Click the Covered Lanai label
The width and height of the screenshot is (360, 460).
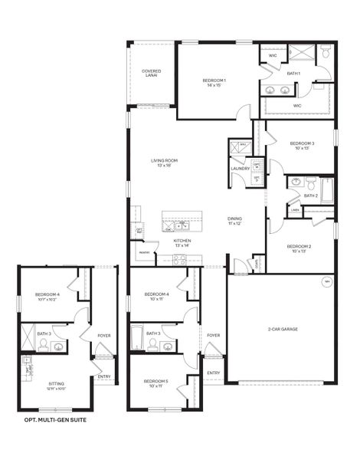pos(152,74)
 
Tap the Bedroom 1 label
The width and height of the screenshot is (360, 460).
pos(214,80)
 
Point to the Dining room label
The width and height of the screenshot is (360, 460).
pos(234,219)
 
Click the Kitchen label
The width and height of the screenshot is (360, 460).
pos(182,241)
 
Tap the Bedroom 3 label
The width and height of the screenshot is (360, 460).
pos(302,143)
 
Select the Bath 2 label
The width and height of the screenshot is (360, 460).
pos(310,195)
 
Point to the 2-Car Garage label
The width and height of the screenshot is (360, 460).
pos(283,329)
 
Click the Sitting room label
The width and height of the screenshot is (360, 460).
pos(56,383)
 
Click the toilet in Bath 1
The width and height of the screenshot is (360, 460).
pos(325,53)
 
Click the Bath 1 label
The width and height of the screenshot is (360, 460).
pos(293,73)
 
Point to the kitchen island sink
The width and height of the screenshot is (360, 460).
pos(181,226)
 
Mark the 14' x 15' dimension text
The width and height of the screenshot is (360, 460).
pos(214,85)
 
